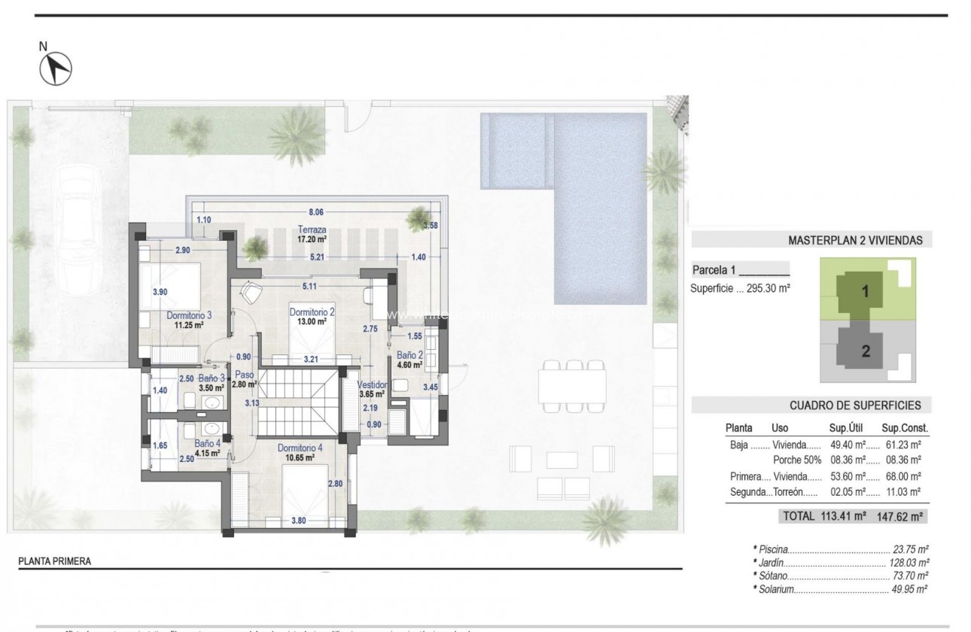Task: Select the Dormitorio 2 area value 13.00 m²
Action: point(310,321)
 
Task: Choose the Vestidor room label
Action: point(372,384)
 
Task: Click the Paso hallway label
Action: point(244,374)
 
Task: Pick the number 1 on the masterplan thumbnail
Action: point(865,293)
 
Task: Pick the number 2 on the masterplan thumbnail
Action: point(865,350)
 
